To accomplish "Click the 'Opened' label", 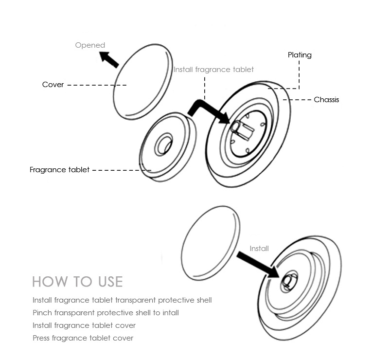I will coord(90,45).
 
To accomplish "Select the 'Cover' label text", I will coord(53,85).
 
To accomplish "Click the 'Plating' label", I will coord(300,55).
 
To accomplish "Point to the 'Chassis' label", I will coord(326,100).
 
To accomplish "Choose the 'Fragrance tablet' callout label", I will coord(59,170).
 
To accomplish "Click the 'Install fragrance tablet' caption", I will coord(213,70).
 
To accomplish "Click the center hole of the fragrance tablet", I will coord(163,145).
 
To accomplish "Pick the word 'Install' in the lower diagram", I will coord(259,249).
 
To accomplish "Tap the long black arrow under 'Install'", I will coord(258,265).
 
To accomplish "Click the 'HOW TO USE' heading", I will coord(77,282).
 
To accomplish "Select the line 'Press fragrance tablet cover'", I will coord(83,338).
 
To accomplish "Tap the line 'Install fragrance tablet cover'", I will coord(84,325).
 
